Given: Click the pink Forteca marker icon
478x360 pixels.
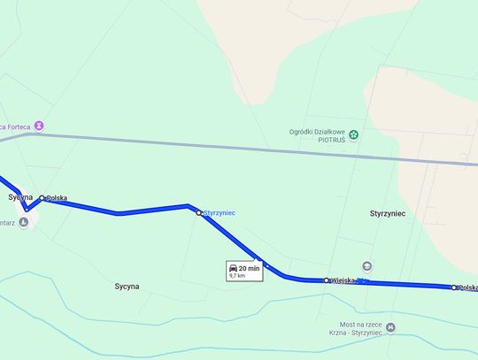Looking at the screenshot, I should click(x=39, y=126).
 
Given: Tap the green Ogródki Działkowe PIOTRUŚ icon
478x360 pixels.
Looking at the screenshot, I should click(x=354, y=134).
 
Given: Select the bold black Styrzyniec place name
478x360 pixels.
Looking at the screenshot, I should click(x=388, y=214).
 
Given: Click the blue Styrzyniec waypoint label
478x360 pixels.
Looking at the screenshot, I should click(x=219, y=213).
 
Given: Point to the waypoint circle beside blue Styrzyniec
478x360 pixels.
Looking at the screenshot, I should click(x=199, y=213).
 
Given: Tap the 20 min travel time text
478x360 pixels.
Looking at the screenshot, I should click(x=249, y=267).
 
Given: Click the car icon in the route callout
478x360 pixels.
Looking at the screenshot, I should click(x=233, y=267).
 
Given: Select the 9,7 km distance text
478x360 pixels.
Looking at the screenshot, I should click(x=236, y=276).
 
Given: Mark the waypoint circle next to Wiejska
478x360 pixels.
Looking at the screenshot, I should click(x=327, y=280).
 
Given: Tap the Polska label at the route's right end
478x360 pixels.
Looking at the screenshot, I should click(x=467, y=287).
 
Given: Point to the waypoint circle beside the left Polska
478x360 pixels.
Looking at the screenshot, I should click(x=42, y=198).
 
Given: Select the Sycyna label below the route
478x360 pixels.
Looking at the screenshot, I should click(x=127, y=287).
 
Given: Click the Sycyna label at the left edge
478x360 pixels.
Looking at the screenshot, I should click(x=20, y=196).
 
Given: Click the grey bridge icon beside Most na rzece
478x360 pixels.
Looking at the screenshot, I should click(x=391, y=327).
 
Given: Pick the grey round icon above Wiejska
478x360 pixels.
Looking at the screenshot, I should click(x=367, y=265).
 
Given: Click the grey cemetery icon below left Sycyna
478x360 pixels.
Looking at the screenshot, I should click(x=23, y=219).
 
